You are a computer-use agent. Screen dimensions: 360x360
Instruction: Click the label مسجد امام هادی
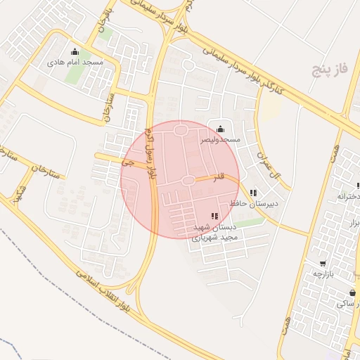[75, 63]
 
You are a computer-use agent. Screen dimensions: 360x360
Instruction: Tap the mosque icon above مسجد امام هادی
[75, 52]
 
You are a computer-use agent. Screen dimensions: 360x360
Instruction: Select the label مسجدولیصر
[220, 139]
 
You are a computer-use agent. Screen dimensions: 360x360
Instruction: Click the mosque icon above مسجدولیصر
[221, 129]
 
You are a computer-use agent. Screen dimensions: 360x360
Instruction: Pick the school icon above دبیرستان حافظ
[253, 193]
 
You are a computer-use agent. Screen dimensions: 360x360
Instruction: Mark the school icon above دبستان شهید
[214, 216]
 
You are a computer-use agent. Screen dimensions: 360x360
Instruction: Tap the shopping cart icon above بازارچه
[323, 264]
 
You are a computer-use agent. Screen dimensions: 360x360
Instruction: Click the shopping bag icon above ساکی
[352, 293]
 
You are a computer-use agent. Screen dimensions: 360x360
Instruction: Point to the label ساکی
[346, 304]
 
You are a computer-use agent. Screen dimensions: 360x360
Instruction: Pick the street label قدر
[219, 176]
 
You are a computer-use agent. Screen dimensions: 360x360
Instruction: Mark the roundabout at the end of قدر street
[188, 181]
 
